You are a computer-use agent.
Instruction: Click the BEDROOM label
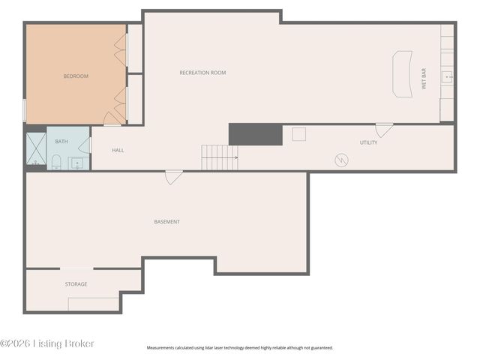click(x=76, y=76)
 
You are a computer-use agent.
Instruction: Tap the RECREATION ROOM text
click(x=202, y=73)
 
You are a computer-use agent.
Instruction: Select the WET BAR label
click(x=424, y=79)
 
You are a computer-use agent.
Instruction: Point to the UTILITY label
click(x=368, y=142)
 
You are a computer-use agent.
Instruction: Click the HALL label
click(x=118, y=150)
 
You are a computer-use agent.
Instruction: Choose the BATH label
click(x=61, y=140)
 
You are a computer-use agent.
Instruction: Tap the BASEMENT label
click(x=166, y=222)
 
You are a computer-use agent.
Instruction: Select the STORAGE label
click(x=76, y=284)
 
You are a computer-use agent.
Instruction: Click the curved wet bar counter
click(x=403, y=73)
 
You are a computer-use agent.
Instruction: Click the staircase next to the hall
click(x=219, y=157)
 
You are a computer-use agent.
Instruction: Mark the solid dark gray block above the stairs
click(x=255, y=134)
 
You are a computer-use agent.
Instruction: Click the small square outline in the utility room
click(x=299, y=134)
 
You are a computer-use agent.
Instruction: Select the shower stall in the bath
click(x=36, y=148)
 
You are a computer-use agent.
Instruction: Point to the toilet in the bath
click(x=56, y=160)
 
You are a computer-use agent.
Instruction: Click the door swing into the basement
click(x=174, y=178)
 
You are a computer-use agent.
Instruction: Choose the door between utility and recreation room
click(x=384, y=130)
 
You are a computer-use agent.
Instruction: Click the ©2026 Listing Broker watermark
click(x=47, y=343)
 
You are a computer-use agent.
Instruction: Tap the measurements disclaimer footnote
click(x=239, y=348)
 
